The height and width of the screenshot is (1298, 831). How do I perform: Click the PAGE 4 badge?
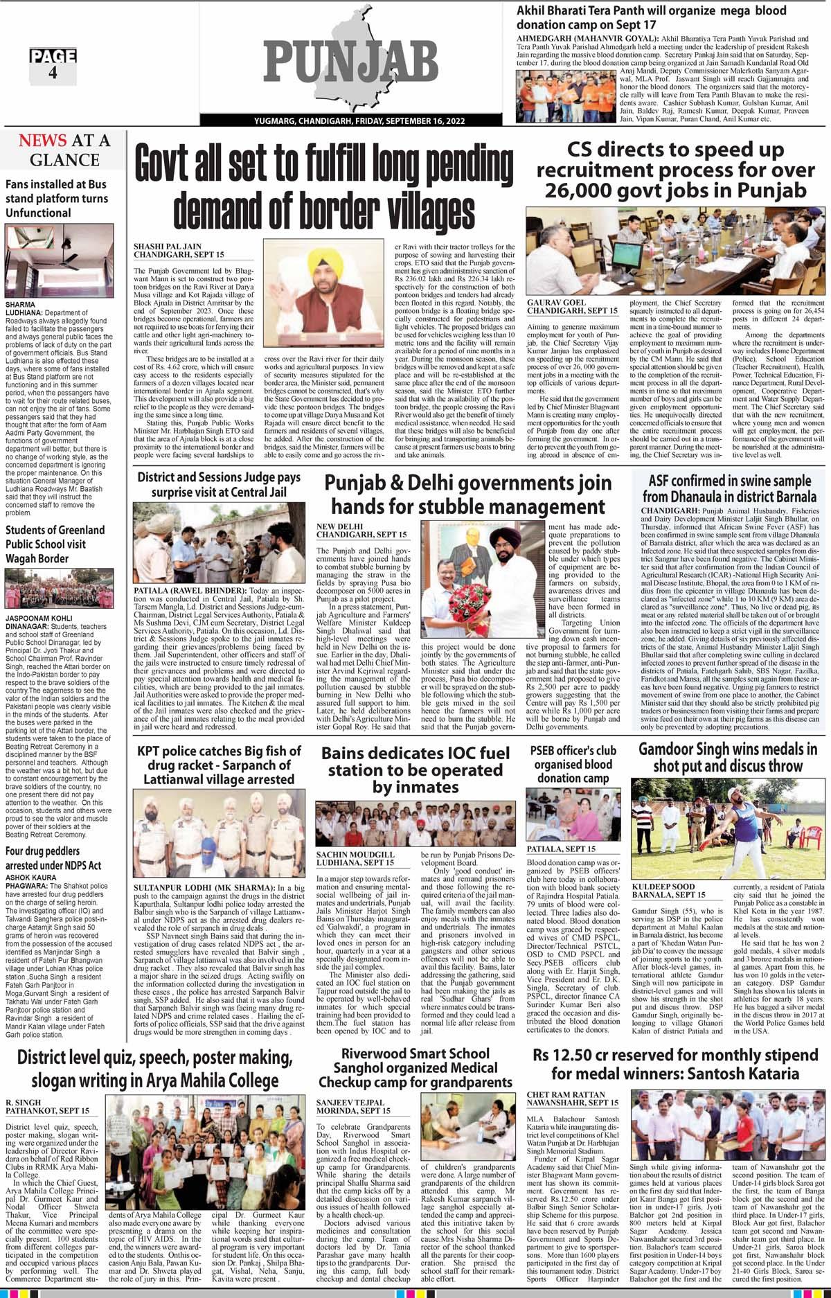click(53, 64)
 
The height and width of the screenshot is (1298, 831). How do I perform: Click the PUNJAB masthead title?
click(347, 66)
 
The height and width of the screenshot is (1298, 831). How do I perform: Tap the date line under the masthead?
click(350, 122)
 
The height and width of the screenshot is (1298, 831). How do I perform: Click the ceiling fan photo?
click(59, 263)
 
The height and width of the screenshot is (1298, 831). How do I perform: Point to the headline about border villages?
click(323, 186)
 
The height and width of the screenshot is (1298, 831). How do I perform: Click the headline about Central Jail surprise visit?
click(218, 485)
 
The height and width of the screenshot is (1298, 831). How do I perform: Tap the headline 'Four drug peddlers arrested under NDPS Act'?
click(53, 857)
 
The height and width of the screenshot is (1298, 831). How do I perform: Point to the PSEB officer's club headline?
click(573, 763)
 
